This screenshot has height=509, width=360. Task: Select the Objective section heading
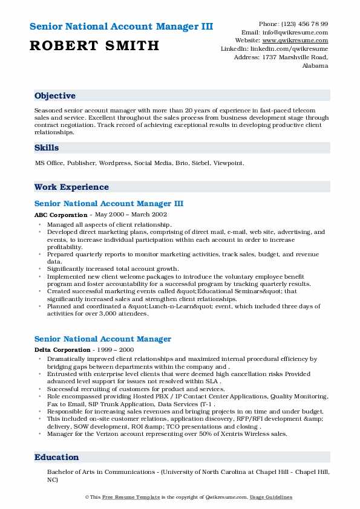[55, 96]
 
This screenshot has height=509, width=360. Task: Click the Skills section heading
[47, 148]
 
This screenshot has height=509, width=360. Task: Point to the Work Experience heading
[71, 187]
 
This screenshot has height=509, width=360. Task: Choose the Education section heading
[57, 458]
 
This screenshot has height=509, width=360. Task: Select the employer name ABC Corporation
[61, 215]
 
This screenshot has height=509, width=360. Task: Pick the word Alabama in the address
[315, 66]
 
